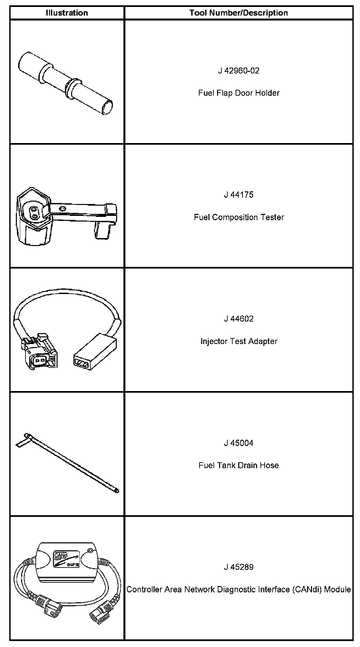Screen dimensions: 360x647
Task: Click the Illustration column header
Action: [67, 13]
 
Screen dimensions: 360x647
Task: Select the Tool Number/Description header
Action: [239, 13]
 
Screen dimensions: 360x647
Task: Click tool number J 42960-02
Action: [239, 71]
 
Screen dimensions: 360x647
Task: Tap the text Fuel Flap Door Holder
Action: [239, 93]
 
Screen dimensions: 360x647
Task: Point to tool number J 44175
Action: [239, 195]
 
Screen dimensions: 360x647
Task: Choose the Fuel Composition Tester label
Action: [239, 217]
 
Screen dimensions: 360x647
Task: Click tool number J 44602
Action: [239, 319]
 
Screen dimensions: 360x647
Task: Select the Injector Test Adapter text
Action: [239, 341]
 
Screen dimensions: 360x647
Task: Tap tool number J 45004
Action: [239, 443]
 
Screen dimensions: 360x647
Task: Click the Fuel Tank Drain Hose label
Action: [239, 465]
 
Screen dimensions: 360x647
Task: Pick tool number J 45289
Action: [239, 567]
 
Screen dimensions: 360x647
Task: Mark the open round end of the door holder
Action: [108, 108]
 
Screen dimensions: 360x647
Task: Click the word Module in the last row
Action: [337, 589]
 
